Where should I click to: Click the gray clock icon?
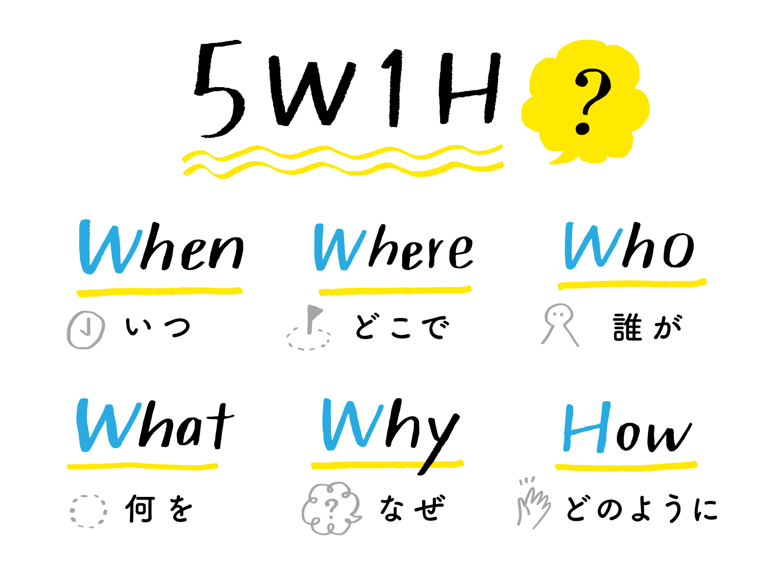pyautogui.click(x=86, y=329)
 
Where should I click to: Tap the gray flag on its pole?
pyautogui.click(x=314, y=311)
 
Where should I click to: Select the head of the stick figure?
pyautogui.click(x=559, y=315)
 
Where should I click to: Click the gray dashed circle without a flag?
pyautogui.click(x=88, y=511)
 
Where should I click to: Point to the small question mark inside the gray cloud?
pyautogui.click(x=331, y=508)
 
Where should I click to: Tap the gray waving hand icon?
pyautogui.click(x=535, y=506)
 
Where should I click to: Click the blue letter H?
pyautogui.click(x=586, y=428)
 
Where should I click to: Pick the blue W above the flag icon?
pyautogui.click(x=339, y=248)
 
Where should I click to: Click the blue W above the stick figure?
pyautogui.click(x=592, y=246)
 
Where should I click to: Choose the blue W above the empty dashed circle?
pyautogui.click(x=108, y=425)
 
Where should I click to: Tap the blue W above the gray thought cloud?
pyautogui.click(x=352, y=424)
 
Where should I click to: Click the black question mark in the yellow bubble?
pyautogui.click(x=590, y=101)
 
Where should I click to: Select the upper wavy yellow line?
pyautogui.click(x=341, y=151)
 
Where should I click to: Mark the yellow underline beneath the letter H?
pyautogui.click(x=626, y=466)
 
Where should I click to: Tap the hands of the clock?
pyautogui.click(x=86, y=328)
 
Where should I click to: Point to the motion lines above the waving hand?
pyautogui.click(x=527, y=481)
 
